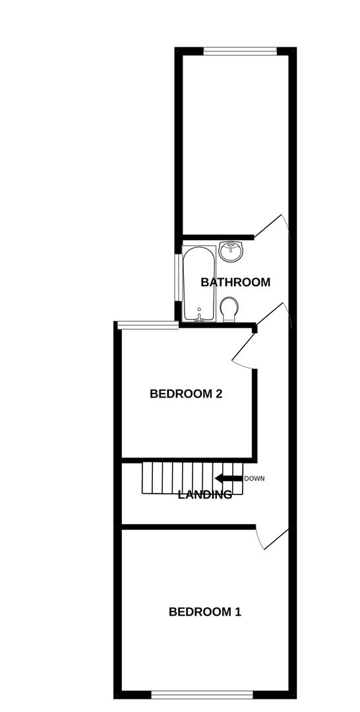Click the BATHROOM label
tap(235, 282)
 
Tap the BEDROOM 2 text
tap(185, 394)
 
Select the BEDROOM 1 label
tap(205, 612)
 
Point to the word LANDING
tap(205, 494)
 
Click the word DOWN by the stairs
tap(254, 479)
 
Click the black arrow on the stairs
tap(229, 479)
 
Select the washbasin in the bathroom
tap(231, 249)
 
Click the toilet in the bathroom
tap(229, 309)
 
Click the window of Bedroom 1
tap(202, 694)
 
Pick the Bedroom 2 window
tap(146, 323)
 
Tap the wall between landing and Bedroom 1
tap(189, 526)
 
